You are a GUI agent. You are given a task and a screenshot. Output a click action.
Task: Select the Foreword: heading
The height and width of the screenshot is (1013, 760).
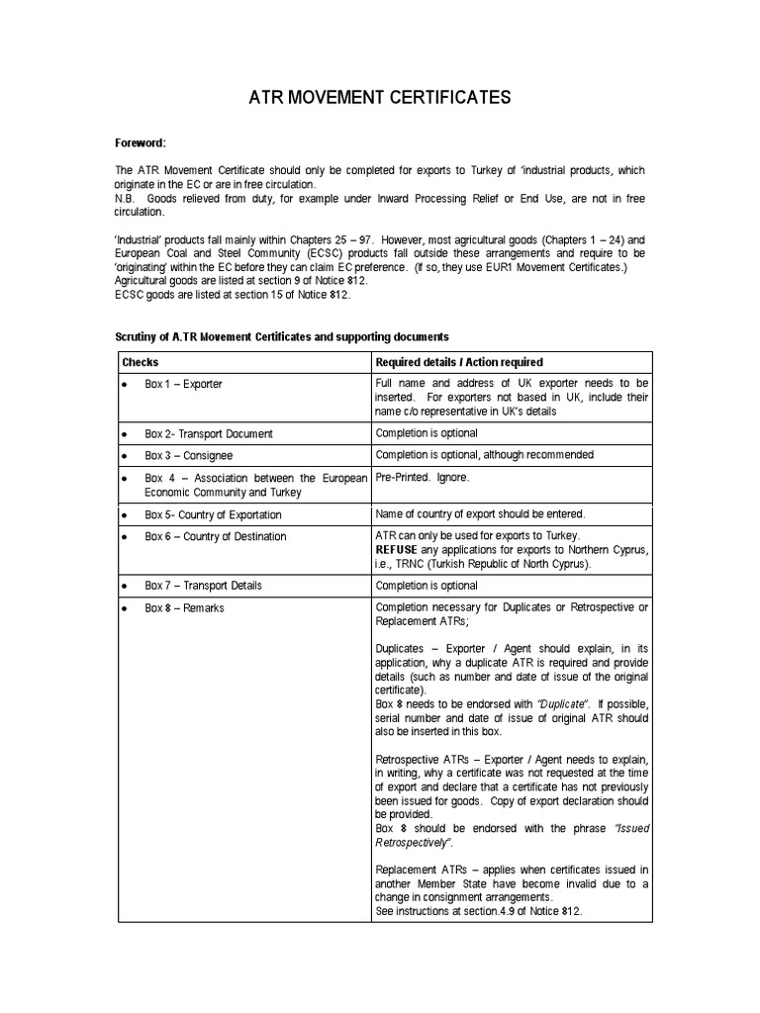tap(142, 143)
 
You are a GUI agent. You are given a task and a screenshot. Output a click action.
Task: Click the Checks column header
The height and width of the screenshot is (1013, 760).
tap(140, 362)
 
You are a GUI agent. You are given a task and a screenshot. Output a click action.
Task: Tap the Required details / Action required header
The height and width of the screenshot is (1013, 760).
tap(459, 362)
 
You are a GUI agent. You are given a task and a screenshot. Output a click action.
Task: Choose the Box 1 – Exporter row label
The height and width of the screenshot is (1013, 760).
tap(183, 384)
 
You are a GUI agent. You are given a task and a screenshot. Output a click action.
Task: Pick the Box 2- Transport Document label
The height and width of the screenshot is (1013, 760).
tap(209, 433)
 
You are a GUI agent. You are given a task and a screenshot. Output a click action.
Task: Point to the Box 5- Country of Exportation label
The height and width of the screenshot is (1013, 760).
tap(213, 514)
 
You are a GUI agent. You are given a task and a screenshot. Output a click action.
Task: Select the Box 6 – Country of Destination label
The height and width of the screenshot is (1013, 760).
tap(216, 536)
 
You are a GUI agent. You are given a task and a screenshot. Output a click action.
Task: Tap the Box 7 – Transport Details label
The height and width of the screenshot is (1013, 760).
tap(203, 586)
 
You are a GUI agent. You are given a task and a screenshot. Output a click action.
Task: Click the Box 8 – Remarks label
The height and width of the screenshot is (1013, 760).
tap(184, 607)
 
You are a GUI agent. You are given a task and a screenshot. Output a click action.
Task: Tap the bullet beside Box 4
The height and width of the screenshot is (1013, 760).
tap(124, 478)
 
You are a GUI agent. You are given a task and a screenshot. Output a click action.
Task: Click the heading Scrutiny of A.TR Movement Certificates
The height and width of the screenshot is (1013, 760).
tap(282, 337)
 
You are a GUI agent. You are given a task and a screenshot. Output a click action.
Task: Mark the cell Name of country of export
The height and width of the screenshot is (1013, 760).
tap(480, 514)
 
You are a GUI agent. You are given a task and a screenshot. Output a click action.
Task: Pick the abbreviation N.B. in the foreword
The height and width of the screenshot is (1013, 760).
tap(128, 199)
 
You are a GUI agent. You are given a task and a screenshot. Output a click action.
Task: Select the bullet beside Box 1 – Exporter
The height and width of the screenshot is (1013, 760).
tap(124, 384)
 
